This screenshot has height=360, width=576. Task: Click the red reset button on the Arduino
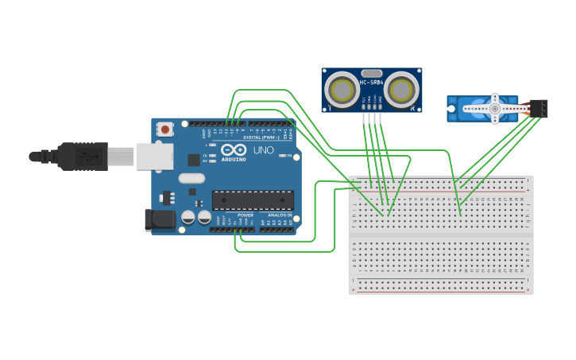click(x=165, y=129)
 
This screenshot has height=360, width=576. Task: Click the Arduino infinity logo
click(x=234, y=149)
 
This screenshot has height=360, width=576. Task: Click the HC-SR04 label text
click(x=372, y=82)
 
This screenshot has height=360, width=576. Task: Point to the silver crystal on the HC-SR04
click(x=372, y=73)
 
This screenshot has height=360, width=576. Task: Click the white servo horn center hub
click(x=494, y=108)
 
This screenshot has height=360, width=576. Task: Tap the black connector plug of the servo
click(x=539, y=108)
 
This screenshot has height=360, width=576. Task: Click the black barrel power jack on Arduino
click(x=160, y=219)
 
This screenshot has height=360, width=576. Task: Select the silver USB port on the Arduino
click(x=154, y=157)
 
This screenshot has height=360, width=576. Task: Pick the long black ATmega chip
click(x=253, y=200)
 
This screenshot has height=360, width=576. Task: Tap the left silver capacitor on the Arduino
click(x=188, y=217)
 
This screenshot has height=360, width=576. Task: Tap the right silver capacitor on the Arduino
click(x=205, y=217)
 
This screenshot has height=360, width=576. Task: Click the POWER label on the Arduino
click(x=245, y=215)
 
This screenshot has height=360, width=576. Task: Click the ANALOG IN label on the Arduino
click(x=278, y=215)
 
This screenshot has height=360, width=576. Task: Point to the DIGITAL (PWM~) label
click(x=250, y=137)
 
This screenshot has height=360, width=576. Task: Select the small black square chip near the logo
click(x=193, y=160)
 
